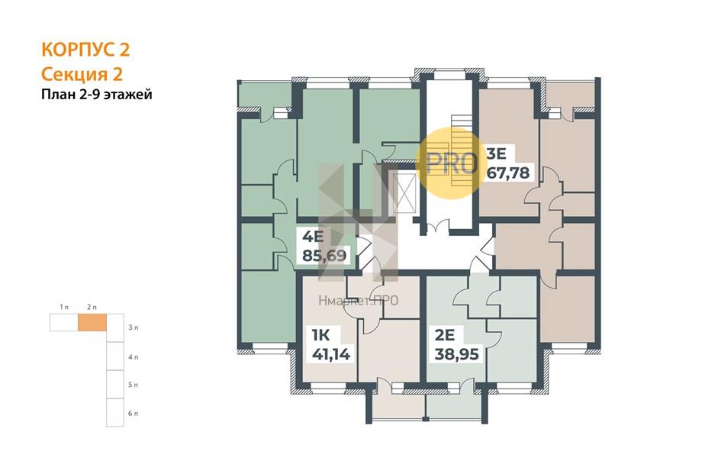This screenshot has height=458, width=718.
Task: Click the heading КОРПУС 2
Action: [x=85, y=50]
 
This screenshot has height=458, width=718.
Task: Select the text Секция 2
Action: [x=82, y=74]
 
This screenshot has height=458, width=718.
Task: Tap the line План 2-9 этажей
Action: [x=97, y=95]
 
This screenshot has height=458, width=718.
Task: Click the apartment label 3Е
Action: [x=496, y=151]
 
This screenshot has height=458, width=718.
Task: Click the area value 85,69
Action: [x=325, y=255]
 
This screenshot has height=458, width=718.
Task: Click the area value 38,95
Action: [x=456, y=353]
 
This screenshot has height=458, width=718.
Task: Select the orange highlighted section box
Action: [x=92, y=323]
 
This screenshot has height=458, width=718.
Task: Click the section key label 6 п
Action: [x=134, y=413]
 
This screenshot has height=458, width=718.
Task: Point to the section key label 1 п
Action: [x=64, y=307]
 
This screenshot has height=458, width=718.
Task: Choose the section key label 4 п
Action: [x=134, y=356]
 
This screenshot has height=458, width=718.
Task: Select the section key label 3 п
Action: [x=134, y=327]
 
